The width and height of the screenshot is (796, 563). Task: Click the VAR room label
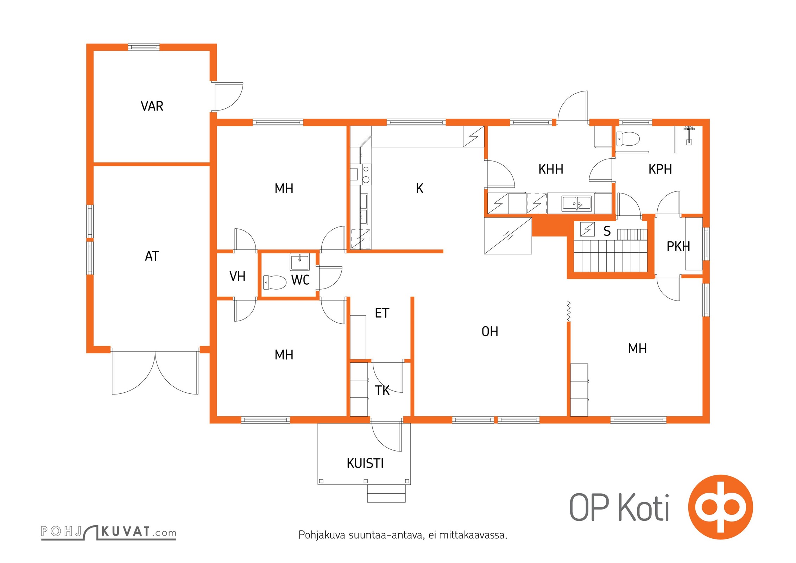[x=152, y=106]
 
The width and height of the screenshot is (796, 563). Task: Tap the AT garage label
[x=152, y=256]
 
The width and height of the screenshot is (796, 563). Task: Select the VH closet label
[x=238, y=276]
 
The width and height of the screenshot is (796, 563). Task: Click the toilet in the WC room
[x=275, y=282]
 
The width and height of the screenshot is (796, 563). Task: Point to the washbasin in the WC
[x=300, y=262]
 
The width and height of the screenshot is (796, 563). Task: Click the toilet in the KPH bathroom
[x=628, y=139]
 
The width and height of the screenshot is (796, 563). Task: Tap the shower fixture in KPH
[x=689, y=135]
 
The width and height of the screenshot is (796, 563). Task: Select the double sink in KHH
[x=577, y=203]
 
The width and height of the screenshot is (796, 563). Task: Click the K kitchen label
[x=419, y=189]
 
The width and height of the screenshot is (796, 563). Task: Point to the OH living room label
[x=490, y=331]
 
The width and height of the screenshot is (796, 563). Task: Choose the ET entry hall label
[x=382, y=313]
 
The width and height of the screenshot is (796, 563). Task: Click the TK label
[x=382, y=391]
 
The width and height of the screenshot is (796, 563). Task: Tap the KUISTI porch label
[x=365, y=463]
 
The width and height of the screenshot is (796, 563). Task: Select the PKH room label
[x=678, y=246]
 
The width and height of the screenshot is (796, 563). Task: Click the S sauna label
[x=607, y=231]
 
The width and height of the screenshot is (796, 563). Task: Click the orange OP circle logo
[x=721, y=507]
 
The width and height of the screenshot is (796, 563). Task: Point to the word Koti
[x=644, y=507]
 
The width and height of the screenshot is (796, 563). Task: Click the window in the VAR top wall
[x=144, y=47]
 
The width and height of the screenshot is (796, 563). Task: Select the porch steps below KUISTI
[x=386, y=493]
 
